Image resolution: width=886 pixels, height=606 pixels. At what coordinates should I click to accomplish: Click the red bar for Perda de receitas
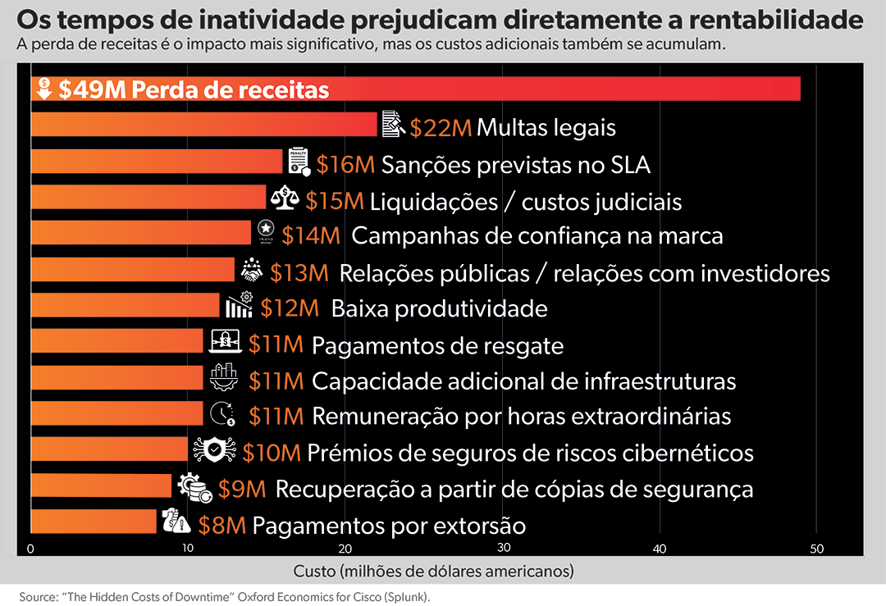pos(416,89)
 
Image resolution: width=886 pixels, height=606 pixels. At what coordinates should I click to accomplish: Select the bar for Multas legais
pos(204,125)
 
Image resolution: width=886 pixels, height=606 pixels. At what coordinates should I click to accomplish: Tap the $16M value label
pos(346,165)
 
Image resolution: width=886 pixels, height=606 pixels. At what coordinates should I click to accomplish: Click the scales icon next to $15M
pos(285,198)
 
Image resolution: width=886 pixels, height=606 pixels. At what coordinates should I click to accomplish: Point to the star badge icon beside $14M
pos(266,231)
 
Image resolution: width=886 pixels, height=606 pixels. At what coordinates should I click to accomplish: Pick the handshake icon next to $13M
pos(252,270)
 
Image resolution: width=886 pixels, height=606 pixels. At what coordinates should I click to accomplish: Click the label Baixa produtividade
pos(439,309)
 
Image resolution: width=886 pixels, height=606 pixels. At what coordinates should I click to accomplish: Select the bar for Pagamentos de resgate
pos(117,340)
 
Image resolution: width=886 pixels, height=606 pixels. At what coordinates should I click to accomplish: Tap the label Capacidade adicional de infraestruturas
pos(523,381)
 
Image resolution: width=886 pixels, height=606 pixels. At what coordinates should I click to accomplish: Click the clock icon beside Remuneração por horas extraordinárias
pos(222,414)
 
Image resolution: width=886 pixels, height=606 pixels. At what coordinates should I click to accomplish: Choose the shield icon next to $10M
pos(215,450)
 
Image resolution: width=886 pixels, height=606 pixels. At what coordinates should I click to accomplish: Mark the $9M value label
pos(242,489)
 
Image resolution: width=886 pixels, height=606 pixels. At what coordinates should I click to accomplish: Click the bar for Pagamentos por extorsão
pos(94,522)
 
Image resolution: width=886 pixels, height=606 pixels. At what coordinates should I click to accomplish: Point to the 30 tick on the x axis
pos(504,547)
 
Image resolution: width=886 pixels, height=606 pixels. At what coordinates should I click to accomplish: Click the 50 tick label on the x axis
pos(816,549)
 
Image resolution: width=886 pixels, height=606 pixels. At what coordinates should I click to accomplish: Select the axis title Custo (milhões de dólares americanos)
pos(433,571)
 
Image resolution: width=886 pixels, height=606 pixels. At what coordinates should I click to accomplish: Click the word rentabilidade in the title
pos(776,20)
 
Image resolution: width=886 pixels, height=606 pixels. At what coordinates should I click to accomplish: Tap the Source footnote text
pos(224,597)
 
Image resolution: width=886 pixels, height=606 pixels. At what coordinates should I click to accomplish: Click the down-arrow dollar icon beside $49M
pos(44,89)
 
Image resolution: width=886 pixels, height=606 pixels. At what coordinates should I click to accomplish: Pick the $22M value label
pos(441,128)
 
